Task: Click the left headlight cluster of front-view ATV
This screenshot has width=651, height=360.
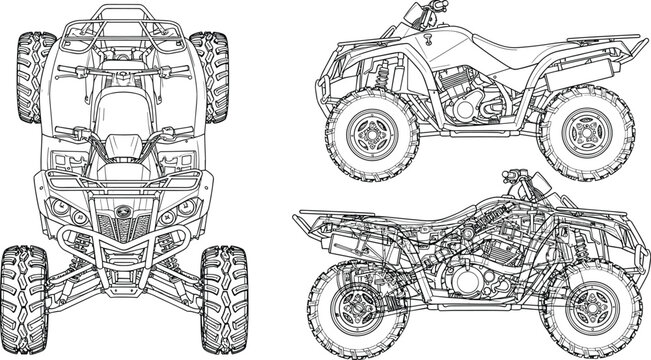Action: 66,212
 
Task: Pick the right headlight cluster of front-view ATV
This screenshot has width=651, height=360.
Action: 184,212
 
